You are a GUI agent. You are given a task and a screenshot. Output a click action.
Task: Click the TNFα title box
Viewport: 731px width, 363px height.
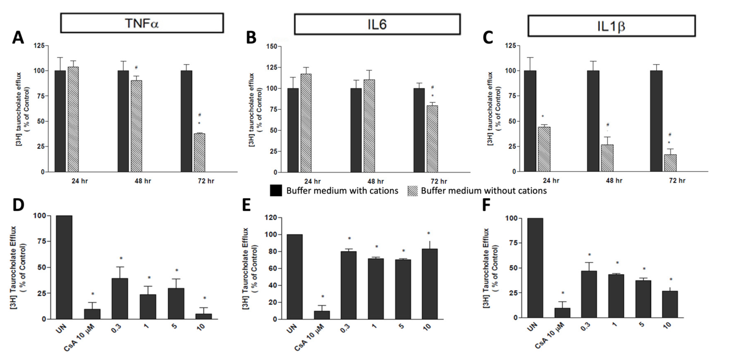(x=142, y=23)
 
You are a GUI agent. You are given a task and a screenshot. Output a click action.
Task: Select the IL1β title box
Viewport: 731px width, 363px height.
(x=611, y=26)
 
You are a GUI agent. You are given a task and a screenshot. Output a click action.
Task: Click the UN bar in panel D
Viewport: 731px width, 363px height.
(x=64, y=267)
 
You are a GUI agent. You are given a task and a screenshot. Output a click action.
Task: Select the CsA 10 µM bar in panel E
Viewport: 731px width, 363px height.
(x=322, y=315)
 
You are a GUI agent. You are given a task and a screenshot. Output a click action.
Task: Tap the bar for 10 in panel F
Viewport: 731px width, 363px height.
(x=670, y=304)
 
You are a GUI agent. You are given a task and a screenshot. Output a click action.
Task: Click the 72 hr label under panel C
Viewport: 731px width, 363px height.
(x=677, y=180)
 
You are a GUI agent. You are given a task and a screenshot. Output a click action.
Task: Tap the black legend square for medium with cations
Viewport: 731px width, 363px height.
(x=276, y=191)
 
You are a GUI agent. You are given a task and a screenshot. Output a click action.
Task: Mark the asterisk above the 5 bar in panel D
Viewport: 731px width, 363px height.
(x=177, y=270)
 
